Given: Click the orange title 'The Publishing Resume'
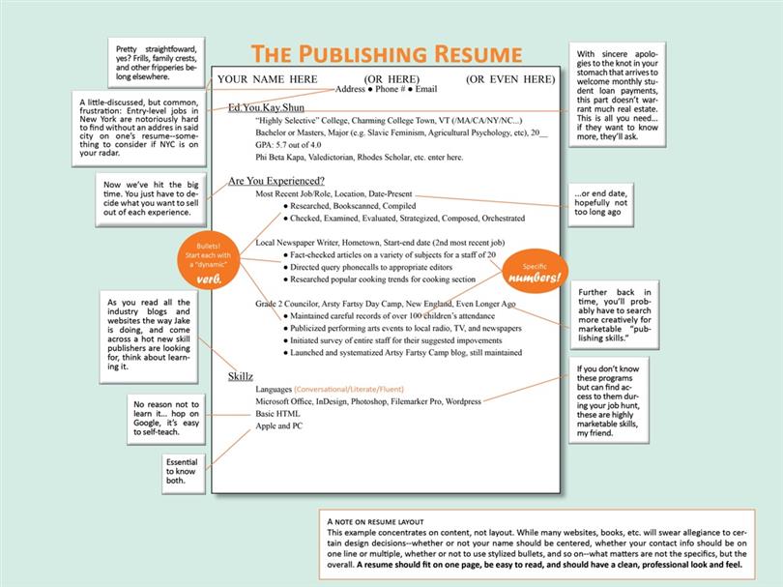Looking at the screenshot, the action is tap(386, 54).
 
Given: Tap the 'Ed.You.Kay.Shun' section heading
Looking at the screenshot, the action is tap(266, 107).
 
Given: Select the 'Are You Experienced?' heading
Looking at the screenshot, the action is tap(276, 181).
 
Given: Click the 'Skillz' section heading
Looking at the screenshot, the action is tap(240, 377).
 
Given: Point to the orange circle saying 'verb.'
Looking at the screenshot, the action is tap(209, 260).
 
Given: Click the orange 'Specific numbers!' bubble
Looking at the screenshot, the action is tap(535, 272).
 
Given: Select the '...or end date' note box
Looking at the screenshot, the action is tap(600, 205).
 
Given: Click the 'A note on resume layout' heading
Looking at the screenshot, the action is tap(375, 521).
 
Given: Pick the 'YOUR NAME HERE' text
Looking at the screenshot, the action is tap(267, 79).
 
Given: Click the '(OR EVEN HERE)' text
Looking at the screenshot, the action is tap(510, 79).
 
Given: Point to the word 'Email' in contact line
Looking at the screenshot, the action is tap(426, 89).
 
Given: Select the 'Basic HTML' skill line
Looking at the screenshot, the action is tap(277, 414).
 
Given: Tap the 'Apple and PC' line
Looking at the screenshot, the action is tap(278, 426).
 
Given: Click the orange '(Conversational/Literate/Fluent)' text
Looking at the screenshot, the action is tap(349, 389).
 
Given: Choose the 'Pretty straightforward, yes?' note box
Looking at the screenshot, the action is tap(157, 63).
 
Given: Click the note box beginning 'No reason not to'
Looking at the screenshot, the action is tap(166, 419).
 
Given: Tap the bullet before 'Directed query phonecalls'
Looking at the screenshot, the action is tap(285, 267).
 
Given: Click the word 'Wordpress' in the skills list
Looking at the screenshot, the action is tap(463, 401).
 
